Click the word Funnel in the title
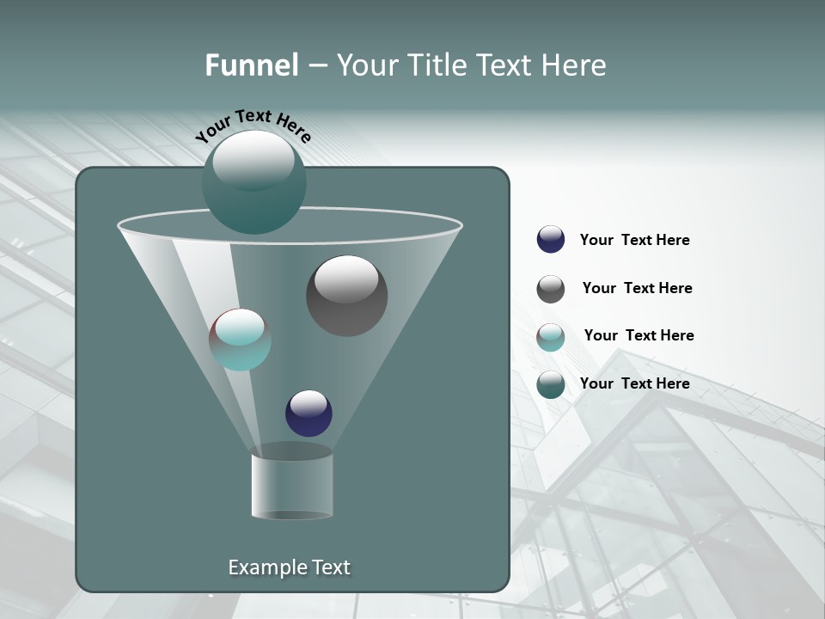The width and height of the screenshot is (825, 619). point(251,65)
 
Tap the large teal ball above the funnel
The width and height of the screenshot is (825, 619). point(254,181)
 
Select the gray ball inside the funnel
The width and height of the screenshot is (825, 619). point(346,296)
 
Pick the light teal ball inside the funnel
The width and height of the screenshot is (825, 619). point(240,340)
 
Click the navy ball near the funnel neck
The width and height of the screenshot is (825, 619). point(309,413)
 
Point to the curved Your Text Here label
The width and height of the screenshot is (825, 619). point(253,126)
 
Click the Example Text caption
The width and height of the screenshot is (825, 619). point(289,567)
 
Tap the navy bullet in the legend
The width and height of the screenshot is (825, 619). point(551,240)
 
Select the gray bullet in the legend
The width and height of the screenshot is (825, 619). point(551,289)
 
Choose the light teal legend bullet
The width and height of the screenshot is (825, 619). point(551,337)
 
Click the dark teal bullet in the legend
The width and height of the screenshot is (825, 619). point(551,384)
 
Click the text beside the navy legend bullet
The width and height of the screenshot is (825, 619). point(634,241)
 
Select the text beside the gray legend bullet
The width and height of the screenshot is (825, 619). point(637,289)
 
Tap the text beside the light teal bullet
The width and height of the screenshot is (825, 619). point(639,336)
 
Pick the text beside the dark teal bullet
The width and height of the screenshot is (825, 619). point(634,384)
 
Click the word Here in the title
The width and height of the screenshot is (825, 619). point(574,65)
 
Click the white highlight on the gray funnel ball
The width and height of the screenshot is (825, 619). point(346,279)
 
